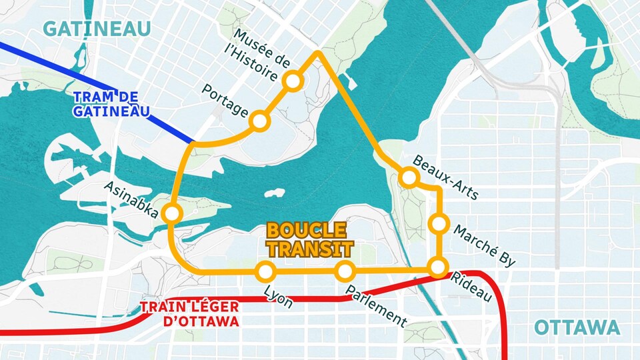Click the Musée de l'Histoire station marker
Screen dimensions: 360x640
tap(293, 81)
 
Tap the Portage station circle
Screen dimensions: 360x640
tap(259, 121)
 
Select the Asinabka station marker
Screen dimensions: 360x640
tap(172, 213)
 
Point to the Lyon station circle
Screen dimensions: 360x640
tap(265, 271)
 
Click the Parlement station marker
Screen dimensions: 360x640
tap(345, 271)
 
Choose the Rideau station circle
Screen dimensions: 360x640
tap(438, 267)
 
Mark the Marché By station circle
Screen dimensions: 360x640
tap(438, 224)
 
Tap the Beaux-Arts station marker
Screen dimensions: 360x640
tap(409, 177)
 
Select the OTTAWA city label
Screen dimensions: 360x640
tap(577, 328)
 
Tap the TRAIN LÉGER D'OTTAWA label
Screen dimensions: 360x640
tap(189, 315)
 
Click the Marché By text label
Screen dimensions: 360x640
tap(484, 246)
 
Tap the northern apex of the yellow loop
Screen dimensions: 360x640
tap(319, 52)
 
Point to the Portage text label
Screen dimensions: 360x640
tap(225, 99)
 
